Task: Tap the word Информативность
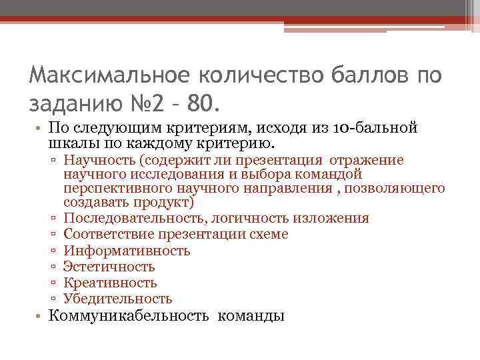[127, 251]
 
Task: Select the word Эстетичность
[109, 267]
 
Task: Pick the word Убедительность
[118, 299]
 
